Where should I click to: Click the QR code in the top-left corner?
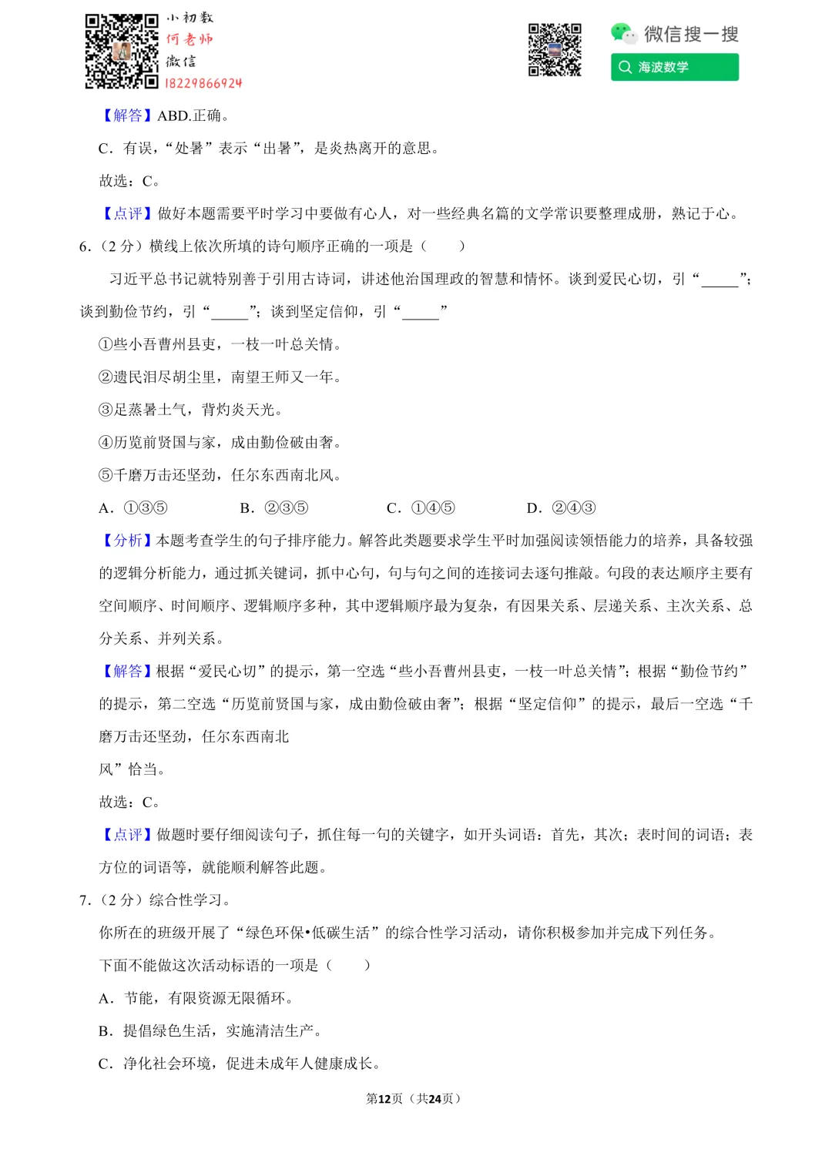point(121,51)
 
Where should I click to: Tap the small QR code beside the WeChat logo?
point(554,50)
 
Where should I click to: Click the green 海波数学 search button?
point(674,67)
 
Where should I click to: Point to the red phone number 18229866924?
point(203,83)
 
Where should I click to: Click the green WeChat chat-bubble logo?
point(622,33)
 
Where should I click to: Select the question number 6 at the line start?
point(85,246)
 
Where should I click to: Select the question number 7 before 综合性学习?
point(85,900)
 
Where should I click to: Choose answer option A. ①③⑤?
point(133,508)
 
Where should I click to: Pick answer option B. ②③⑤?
point(274,508)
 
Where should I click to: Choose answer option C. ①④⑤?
point(421,508)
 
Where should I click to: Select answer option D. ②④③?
point(561,508)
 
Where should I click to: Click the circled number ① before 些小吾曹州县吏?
point(106,344)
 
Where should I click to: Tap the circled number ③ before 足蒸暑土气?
point(106,410)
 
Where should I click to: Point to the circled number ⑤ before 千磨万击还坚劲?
point(106,475)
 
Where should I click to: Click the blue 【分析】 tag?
point(127,541)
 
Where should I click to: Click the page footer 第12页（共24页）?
point(414,1098)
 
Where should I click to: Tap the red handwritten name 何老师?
point(190,39)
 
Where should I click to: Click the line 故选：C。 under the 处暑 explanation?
point(129,181)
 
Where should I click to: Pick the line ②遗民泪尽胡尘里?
point(220,377)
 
